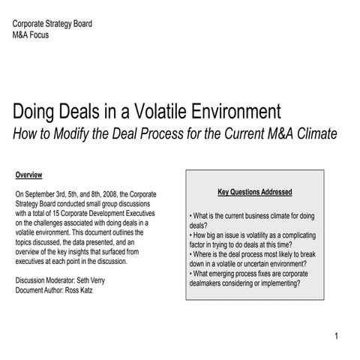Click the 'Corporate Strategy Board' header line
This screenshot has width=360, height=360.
52,24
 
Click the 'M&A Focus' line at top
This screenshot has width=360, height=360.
34,34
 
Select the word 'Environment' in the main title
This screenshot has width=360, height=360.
238,112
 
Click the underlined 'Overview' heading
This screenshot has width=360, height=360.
28,175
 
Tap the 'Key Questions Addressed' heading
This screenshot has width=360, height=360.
254,193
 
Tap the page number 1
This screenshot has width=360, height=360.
337,335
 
